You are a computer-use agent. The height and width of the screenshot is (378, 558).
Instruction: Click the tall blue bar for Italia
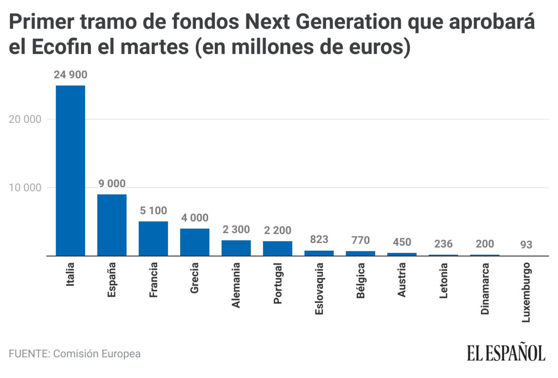[x=70, y=171]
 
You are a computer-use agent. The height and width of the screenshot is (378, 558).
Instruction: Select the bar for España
[x=112, y=225]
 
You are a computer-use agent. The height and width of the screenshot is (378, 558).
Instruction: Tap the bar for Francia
[x=153, y=238]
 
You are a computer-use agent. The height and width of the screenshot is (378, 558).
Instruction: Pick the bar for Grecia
[x=195, y=242]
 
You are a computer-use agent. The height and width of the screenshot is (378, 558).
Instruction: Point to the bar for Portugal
[x=277, y=248]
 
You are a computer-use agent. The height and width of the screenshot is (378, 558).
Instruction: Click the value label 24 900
[x=70, y=75]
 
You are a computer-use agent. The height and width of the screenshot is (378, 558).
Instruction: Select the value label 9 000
[x=112, y=184]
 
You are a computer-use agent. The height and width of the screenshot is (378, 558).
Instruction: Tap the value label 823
[x=319, y=239]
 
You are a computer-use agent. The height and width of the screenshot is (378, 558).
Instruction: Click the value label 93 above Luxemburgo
[x=526, y=245]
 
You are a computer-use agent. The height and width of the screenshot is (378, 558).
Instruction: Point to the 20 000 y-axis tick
[x=25, y=119]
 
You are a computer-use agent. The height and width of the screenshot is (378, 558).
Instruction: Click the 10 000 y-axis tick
[x=25, y=188]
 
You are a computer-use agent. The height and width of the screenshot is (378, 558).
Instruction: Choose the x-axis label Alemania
[x=236, y=285]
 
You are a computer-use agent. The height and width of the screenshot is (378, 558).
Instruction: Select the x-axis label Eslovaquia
[x=319, y=288]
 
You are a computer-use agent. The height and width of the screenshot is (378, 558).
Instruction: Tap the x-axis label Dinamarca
[x=485, y=288]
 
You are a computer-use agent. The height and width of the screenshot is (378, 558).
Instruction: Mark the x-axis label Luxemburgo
[x=526, y=292]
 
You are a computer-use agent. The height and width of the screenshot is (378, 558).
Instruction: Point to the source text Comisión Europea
[x=97, y=354]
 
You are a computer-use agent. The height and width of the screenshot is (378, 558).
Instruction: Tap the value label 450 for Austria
[x=402, y=242]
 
